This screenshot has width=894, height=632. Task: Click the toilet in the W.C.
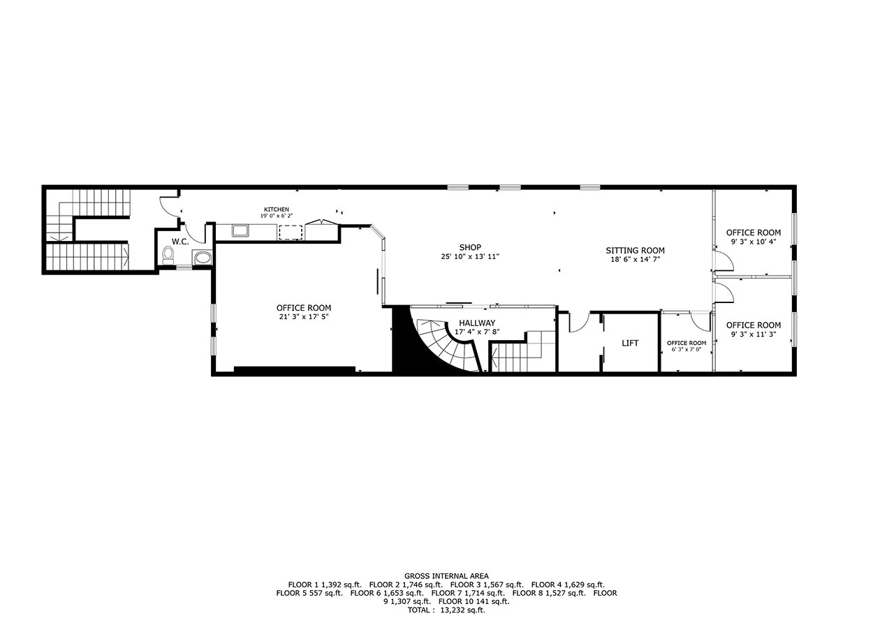coord(168,256)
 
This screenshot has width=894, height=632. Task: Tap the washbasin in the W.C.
coord(203,258)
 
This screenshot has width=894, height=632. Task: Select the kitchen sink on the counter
coord(241,231)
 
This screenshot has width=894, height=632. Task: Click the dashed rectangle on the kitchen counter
coord(291,233)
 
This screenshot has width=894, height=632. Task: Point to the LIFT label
coord(630,343)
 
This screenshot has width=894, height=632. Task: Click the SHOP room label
coord(470,247)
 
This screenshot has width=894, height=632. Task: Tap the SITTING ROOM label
coord(636,251)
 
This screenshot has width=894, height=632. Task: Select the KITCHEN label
coord(277,210)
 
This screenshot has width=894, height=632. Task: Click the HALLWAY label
coord(477,323)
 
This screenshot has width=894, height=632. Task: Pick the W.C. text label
coord(180,242)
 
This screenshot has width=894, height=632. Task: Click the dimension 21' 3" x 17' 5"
coord(304,317)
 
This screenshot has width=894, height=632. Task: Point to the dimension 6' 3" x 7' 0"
coord(687,349)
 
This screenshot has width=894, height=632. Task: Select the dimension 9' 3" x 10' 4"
coord(754,242)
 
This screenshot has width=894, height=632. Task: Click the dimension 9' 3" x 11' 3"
coord(754,335)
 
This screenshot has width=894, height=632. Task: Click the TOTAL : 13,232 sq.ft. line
coord(446,610)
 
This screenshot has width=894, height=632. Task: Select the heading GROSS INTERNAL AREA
coord(446,576)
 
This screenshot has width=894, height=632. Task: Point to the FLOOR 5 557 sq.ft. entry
coord(309,594)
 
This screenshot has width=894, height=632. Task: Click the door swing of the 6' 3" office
coord(701,322)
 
